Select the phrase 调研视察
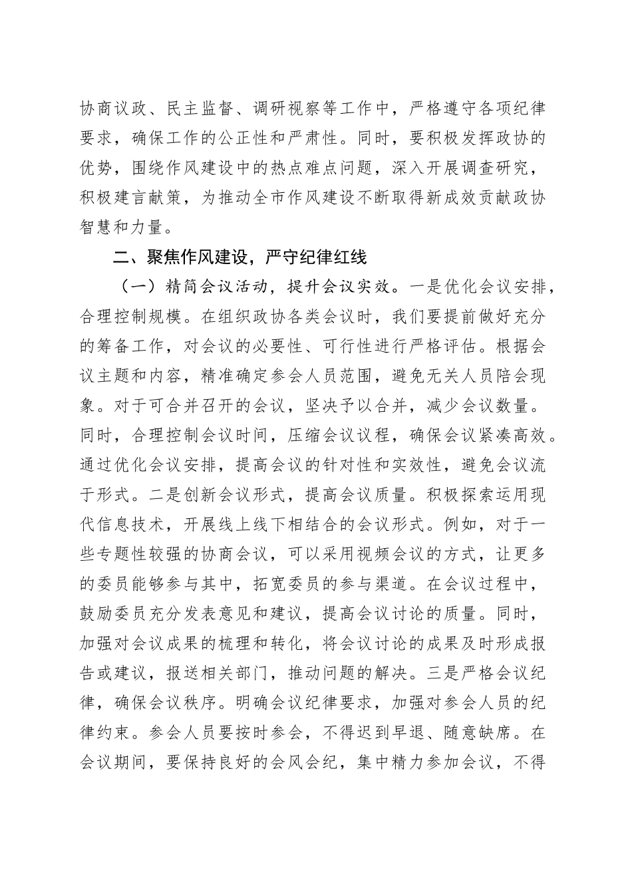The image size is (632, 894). click(288, 108)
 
